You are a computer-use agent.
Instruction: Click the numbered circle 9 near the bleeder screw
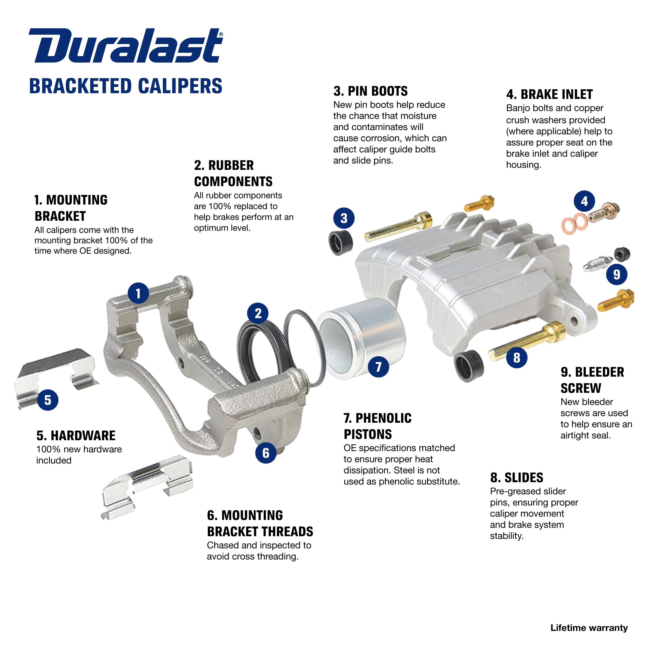616,274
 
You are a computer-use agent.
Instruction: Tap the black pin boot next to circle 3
340,242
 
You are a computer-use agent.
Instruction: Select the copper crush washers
574,223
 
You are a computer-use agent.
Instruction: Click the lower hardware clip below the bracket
148,484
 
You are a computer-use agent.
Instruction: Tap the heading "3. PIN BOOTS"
370,91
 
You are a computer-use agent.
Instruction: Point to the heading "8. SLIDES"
517,478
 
